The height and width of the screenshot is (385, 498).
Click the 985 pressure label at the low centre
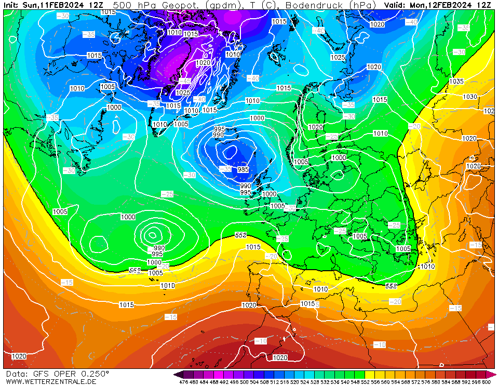pyautogui.click(x=243, y=170)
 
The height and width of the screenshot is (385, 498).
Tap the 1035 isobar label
pyautogui.click(x=456, y=82)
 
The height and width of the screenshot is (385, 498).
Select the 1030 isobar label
pyautogui.click(x=470, y=97)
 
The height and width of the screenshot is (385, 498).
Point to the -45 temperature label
pyautogui.click(x=185, y=81)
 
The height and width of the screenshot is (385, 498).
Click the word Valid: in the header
pyautogui.click(x=396, y=5)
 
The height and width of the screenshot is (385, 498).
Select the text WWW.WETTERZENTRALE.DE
pyautogui.click(x=51, y=381)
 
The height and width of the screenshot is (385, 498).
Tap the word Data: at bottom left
pyautogui.click(x=18, y=374)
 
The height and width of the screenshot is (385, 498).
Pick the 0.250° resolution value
pyautogui.click(x=93, y=374)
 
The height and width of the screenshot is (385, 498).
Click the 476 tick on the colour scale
pyautogui.click(x=183, y=382)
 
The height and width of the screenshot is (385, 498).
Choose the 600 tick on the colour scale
pyautogui.click(x=486, y=382)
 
